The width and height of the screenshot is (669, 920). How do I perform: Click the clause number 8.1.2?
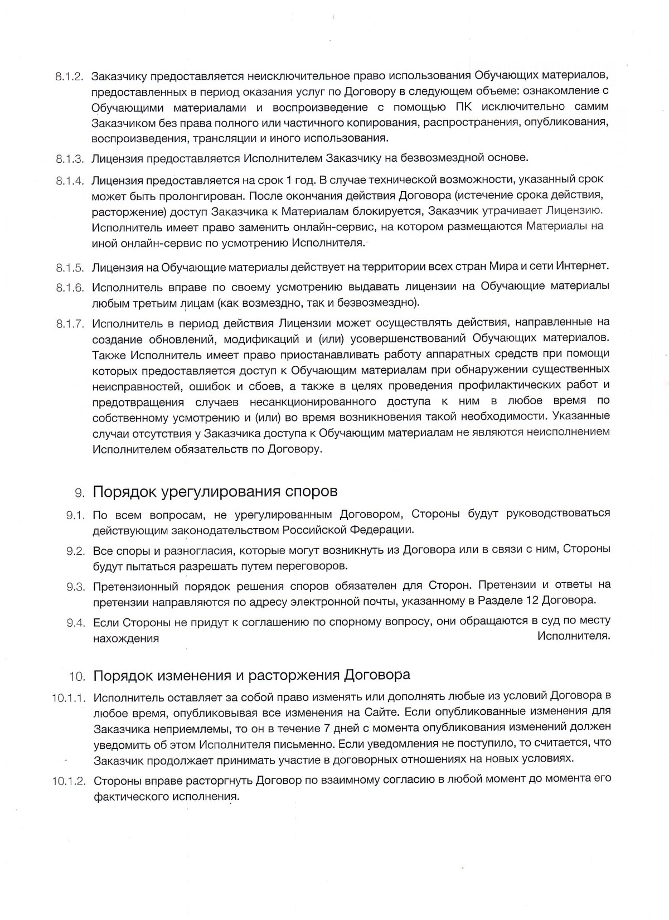[70, 76]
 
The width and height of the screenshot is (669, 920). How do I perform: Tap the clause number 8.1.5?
[70, 267]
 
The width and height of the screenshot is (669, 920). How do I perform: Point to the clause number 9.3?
[75, 586]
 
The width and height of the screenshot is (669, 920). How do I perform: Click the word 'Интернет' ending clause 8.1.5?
[587, 267]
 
